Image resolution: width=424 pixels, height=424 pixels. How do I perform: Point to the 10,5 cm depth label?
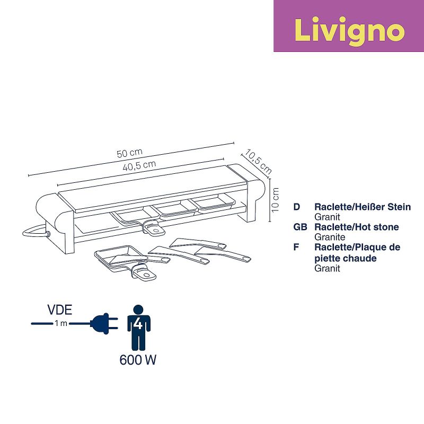coord(258,163)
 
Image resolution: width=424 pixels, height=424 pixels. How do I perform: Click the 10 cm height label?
coord(274,199)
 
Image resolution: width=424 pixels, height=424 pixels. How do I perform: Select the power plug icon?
coord(103,323)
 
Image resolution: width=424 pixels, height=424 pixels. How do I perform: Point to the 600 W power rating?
coord(138,360)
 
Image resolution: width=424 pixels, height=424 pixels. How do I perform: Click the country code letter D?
coord(296,207)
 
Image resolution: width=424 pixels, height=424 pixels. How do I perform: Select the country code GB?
coord(300,227)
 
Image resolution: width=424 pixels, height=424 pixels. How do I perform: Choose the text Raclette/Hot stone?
coord(357,227)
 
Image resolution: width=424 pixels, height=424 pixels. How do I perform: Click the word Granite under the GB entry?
coord(330,237)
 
